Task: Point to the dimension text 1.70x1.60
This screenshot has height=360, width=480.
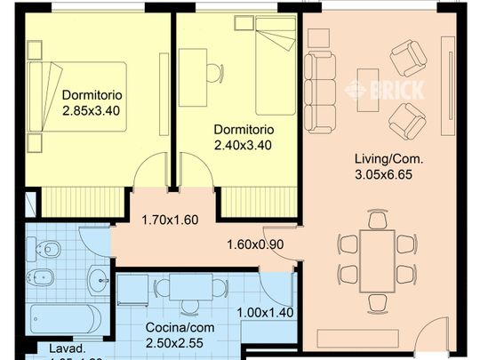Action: pyautogui.click(x=172, y=220)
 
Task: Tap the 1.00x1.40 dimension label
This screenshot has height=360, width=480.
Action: pyautogui.click(x=266, y=312)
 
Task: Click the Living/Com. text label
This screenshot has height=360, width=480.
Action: pyautogui.click(x=388, y=159)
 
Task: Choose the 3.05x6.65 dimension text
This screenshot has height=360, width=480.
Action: pyautogui.click(x=388, y=174)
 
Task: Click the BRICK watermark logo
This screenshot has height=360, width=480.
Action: pyautogui.click(x=384, y=89)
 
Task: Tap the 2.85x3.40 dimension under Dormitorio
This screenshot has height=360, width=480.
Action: pyautogui.click(x=92, y=111)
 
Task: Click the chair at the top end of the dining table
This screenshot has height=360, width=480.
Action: pyautogui.click(x=378, y=217)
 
